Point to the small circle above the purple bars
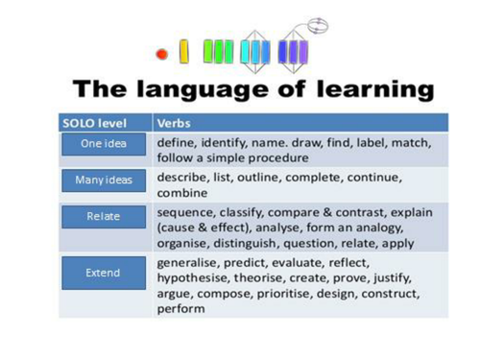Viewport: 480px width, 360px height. pos(317,22)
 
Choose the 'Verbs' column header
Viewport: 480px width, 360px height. pos(174,124)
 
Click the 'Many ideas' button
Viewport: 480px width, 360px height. pos(95,180)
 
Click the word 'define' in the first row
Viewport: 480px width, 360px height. pos(177,142)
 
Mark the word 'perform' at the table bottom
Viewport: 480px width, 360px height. pos(180,309)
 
